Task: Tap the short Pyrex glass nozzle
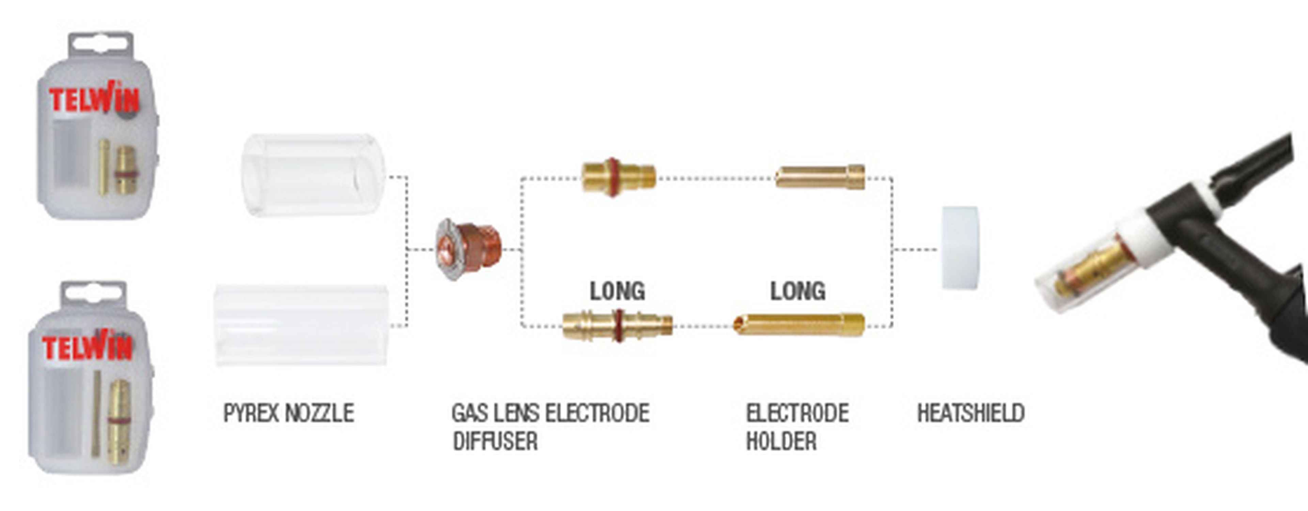coord(313,175)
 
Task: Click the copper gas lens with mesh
coord(468,249)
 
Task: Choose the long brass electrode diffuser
coord(618,325)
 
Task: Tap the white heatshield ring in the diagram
coord(960,248)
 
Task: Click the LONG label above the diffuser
coord(617,291)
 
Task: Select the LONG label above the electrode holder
coord(798,291)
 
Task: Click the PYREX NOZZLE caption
coord(289,413)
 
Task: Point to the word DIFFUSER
coord(495,441)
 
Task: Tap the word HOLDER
coord(781,441)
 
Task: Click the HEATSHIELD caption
coord(970,413)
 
